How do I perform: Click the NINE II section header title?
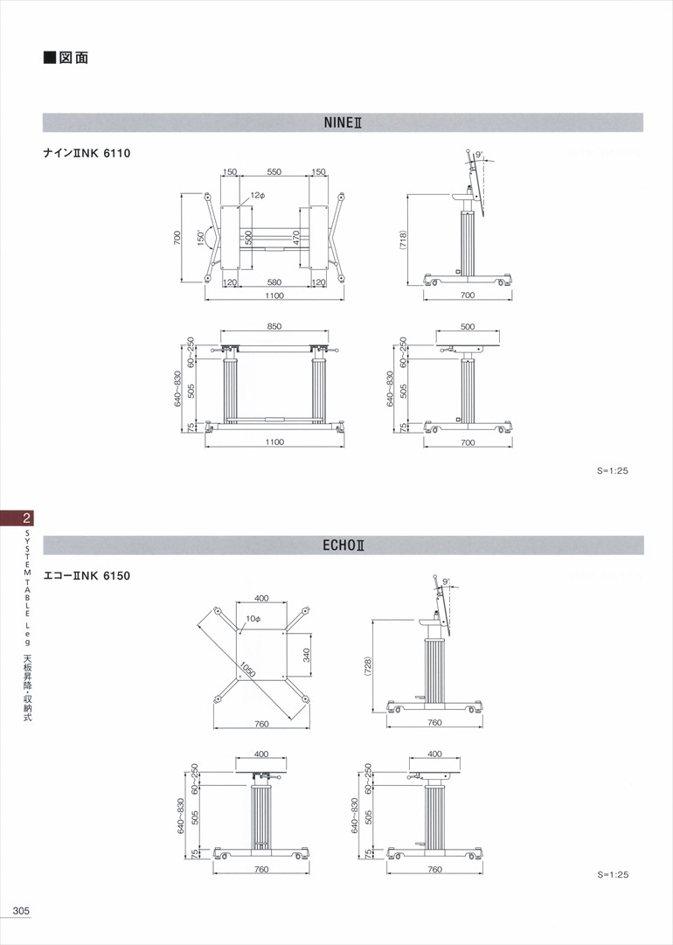tap(343, 122)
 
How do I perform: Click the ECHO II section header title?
tap(343, 545)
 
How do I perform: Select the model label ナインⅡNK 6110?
tap(87, 153)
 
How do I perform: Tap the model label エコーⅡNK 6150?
tap(87, 575)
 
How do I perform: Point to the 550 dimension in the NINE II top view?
tap(274, 171)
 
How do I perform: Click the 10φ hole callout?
tap(253, 618)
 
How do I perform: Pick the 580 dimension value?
tap(274, 282)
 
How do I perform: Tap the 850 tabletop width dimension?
tap(274, 326)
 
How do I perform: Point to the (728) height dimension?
tap(368, 666)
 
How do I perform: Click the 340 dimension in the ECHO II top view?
tap(306, 655)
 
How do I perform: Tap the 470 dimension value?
tap(295, 237)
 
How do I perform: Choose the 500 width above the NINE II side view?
tap(468, 327)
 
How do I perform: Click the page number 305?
tap(21, 911)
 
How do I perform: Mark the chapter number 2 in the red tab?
tap(26, 518)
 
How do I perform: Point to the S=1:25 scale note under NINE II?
tap(613, 470)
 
